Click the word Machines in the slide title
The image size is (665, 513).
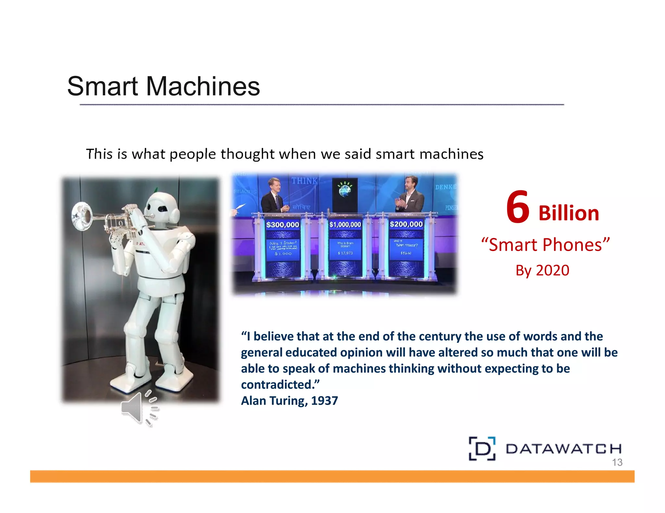[x=203, y=86]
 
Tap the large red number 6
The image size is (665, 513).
[x=518, y=208]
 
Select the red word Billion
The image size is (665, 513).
[x=569, y=213]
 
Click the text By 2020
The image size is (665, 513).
[x=542, y=270]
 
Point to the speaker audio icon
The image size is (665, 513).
[x=139, y=408]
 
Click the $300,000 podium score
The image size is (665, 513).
[x=282, y=224]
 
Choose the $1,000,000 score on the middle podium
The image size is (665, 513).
[x=345, y=224]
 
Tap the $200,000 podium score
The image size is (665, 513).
[x=406, y=224]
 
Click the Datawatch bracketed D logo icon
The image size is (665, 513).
[x=482, y=448]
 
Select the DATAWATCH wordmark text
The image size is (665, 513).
[x=563, y=449]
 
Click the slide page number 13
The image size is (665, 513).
[x=617, y=462]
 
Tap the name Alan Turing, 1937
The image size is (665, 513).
[x=289, y=401]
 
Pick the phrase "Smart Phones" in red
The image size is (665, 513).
[x=545, y=245]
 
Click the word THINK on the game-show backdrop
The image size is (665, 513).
[x=304, y=181]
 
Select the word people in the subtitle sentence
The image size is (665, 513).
[x=193, y=154]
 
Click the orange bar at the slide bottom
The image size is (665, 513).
[x=332, y=476]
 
